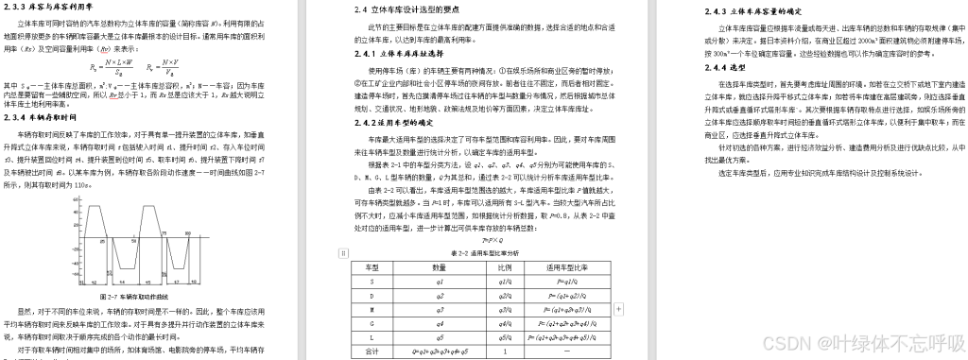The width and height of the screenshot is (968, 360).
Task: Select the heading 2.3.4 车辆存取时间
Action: (38, 118)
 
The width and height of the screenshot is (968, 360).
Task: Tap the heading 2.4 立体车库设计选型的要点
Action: (407, 10)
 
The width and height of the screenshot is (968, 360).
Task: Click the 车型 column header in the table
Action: (372, 267)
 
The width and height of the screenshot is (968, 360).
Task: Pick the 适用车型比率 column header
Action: (562, 267)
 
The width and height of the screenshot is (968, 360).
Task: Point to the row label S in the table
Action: (372, 282)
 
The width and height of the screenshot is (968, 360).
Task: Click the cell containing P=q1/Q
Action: (562, 282)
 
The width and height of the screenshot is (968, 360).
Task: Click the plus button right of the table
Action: (618, 309)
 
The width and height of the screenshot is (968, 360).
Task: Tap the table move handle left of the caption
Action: (343, 253)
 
